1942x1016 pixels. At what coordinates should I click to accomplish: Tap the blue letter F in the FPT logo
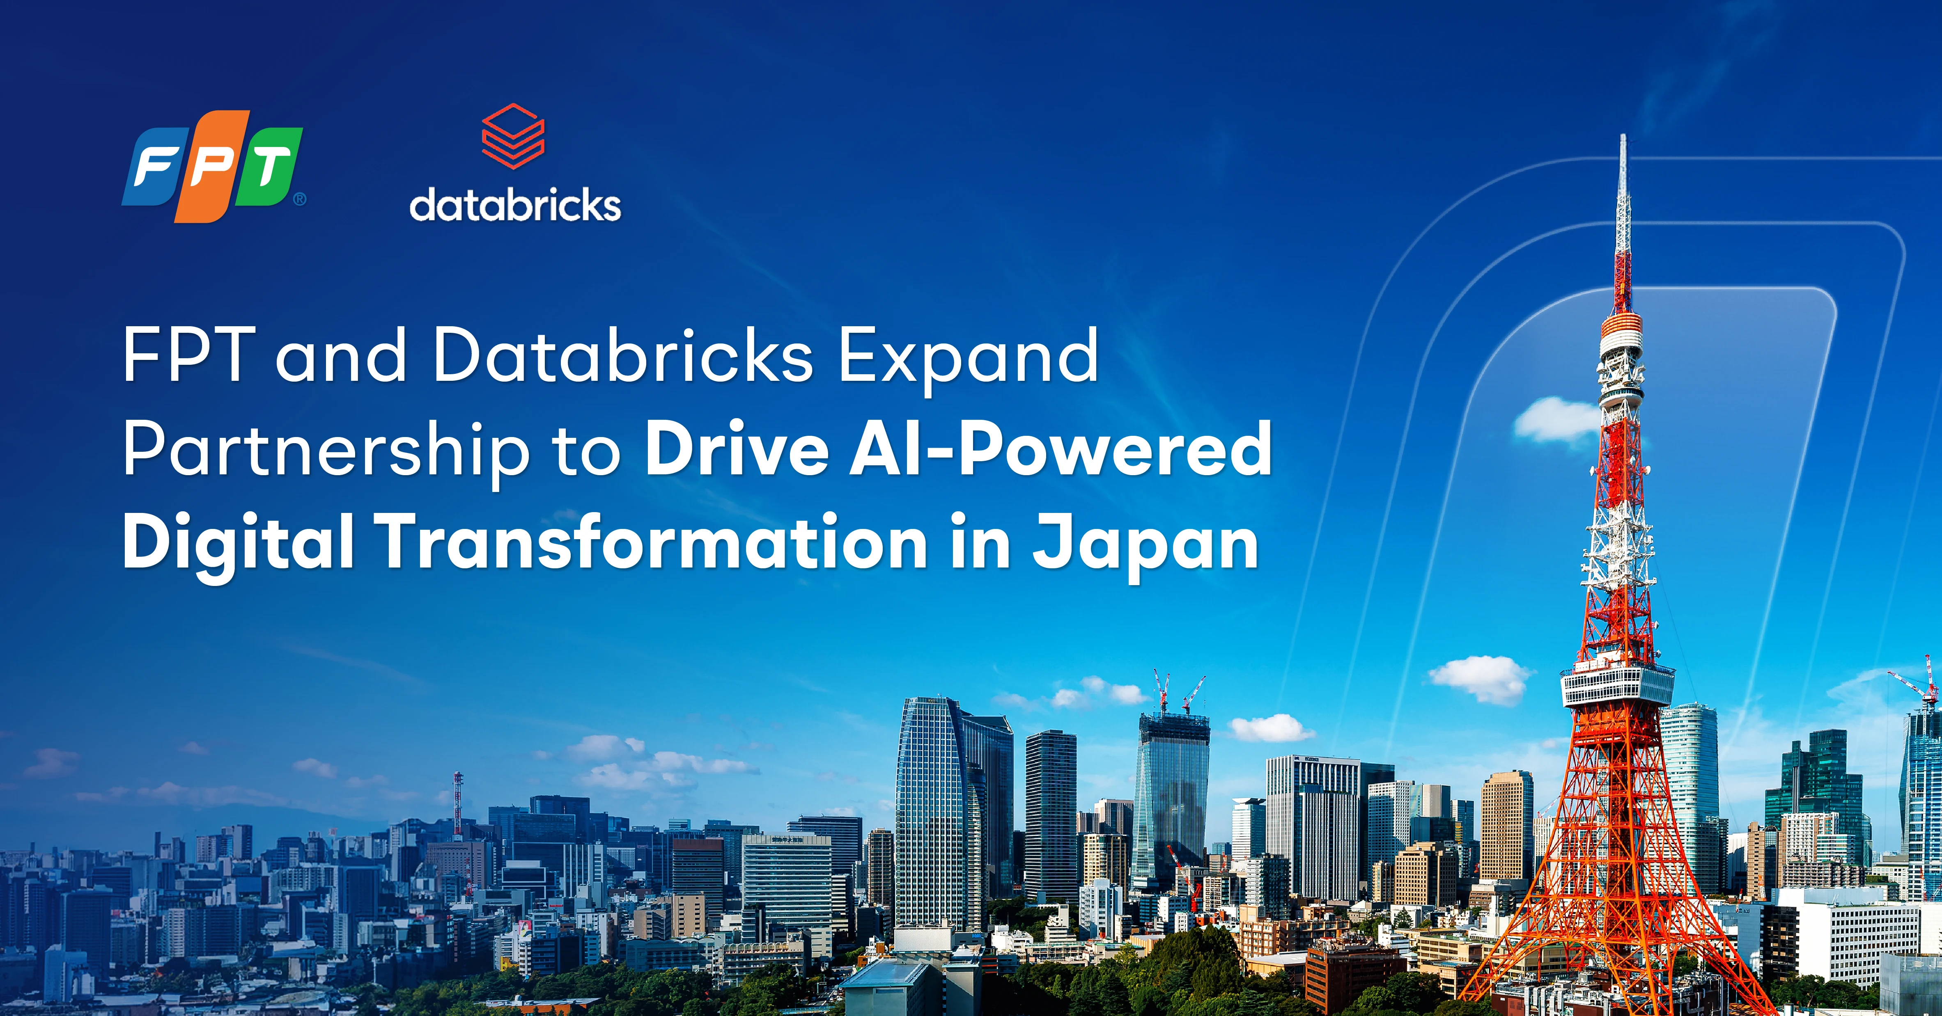click(x=154, y=167)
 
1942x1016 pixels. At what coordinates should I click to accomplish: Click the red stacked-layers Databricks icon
click(x=513, y=136)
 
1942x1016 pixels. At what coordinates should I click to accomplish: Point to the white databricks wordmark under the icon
click(x=515, y=205)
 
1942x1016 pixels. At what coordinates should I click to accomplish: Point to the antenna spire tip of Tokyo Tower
click(x=1623, y=136)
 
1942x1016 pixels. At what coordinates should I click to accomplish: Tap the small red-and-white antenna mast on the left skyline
click(x=458, y=803)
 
